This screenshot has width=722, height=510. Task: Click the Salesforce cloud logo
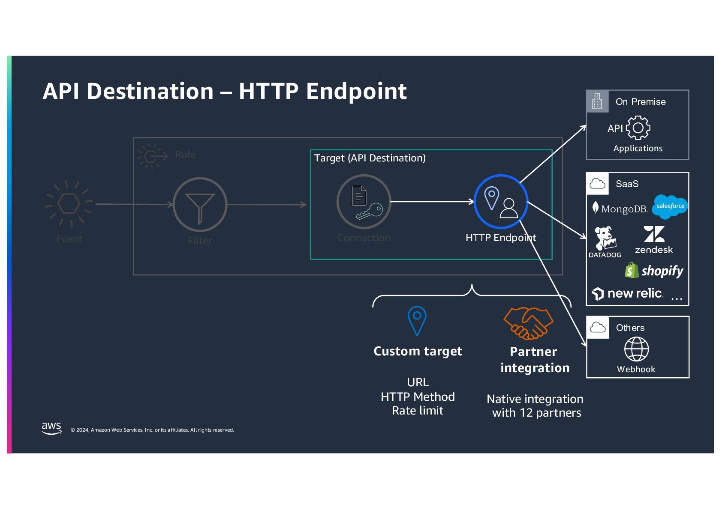tap(670, 206)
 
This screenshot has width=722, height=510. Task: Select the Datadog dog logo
tap(605, 239)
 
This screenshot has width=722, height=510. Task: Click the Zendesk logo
tap(654, 240)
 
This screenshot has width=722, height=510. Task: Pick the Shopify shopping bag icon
tap(632, 271)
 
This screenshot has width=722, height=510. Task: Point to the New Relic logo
tap(628, 294)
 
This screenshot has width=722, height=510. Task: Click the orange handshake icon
tap(528, 322)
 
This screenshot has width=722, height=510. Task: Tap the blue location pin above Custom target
tap(417, 320)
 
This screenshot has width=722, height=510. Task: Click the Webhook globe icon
tap(636, 349)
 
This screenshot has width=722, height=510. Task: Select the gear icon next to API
tap(638, 128)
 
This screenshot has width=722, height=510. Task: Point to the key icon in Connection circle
tap(370, 211)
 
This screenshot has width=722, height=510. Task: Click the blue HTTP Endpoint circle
tap(501, 201)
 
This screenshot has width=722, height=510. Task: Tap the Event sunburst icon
tap(69, 203)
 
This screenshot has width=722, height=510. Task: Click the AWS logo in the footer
tap(51, 428)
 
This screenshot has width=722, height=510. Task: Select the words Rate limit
tap(418, 411)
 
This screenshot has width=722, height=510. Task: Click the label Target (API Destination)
tap(370, 158)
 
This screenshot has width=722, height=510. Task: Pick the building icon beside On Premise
tap(597, 101)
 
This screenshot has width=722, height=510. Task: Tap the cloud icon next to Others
tap(598, 328)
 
